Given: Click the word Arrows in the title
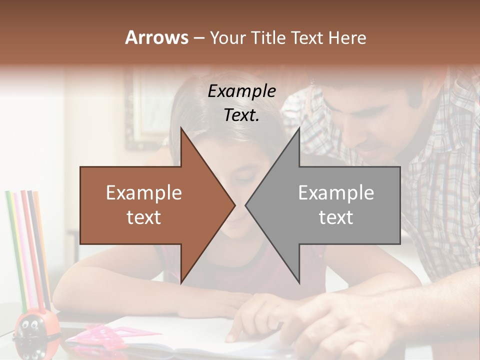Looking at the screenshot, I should point(156,37).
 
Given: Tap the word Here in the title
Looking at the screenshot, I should point(347,37).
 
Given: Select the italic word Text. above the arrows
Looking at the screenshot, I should point(241,115).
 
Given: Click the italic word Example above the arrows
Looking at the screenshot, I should point(241,91).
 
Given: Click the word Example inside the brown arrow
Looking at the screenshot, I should point(144,193).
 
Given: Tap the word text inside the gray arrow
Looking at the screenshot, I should point(336,217).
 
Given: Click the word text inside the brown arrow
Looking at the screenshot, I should point(144,217).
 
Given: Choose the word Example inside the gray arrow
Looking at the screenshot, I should point(336,192).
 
